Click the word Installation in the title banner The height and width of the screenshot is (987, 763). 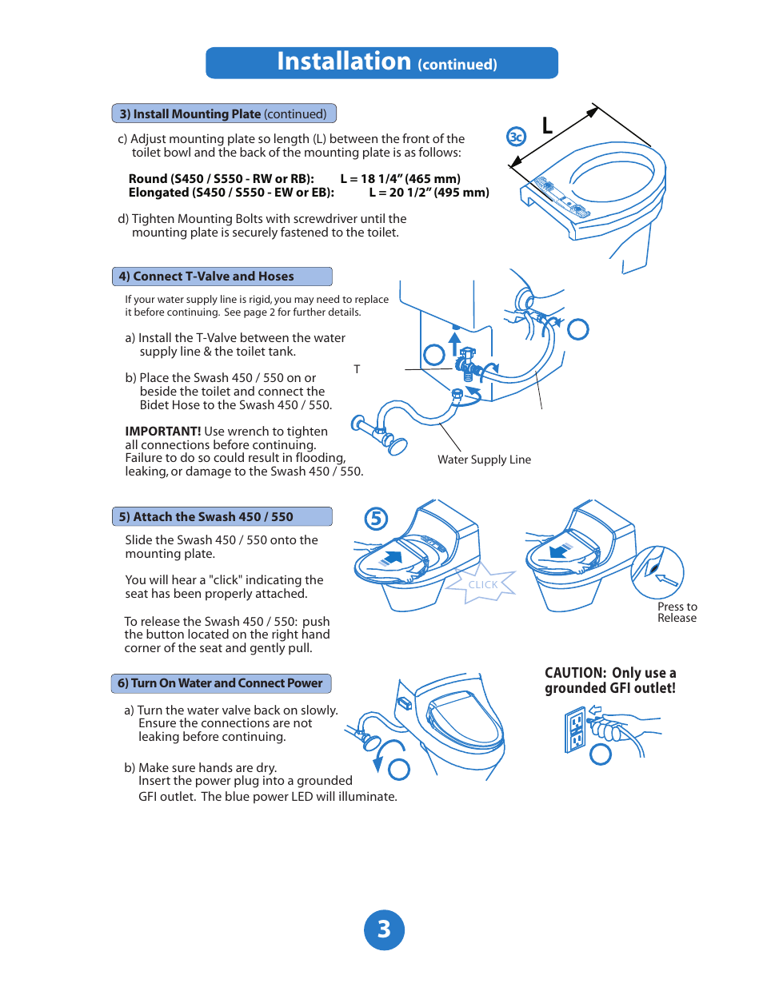click(x=344, y=62)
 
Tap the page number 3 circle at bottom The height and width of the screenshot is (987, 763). click(x=384, y=929)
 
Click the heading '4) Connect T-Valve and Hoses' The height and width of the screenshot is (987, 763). click(x=206, y=277)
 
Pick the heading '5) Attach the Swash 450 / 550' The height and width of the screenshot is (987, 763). click(x=206, y=517)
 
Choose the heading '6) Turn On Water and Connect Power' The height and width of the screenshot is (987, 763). click(x=220, y=683)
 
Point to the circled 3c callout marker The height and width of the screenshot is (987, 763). click(x=517, y=137)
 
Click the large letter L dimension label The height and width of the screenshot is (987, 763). click(x=547, y=125)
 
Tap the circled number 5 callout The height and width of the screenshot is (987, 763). click(x=376, y=519)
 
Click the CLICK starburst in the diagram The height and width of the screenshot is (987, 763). click(x=482, y=584)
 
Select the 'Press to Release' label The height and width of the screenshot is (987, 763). click(x=677, y=612)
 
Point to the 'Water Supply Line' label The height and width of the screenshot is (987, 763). click(x=484, y=460)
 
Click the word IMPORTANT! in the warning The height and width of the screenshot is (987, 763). click(x=163, y=432)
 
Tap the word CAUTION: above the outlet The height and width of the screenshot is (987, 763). click(x=575, y=673)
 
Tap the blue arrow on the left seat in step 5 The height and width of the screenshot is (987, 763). click(x=393, y=556)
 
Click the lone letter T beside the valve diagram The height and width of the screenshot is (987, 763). click(x=357, y=369)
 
